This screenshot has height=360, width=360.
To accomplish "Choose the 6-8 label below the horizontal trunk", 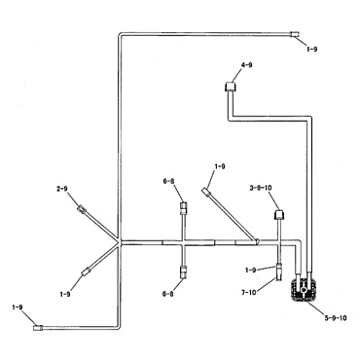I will [x=169, y=292].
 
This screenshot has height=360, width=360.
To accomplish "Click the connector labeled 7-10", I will [x=276, y=272].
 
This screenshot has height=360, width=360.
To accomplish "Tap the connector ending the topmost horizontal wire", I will [x=295, y=35].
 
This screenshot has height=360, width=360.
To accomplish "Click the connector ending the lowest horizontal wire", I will [x=39, y=328].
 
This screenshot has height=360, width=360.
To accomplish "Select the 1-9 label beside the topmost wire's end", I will [x=310, y=46].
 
